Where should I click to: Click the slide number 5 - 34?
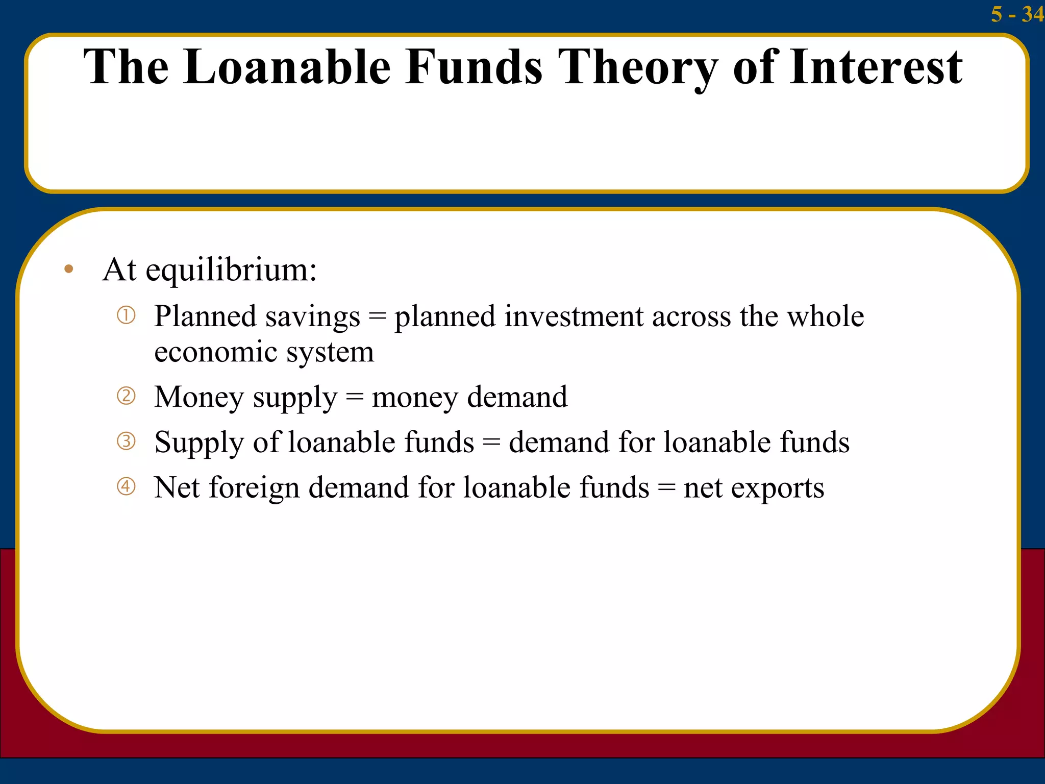click(1016, 14)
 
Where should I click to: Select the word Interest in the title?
click(876, 67)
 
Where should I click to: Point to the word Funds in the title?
click(474, 67)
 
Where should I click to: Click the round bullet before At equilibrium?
click(69, 269)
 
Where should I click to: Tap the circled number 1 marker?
click(126, 315)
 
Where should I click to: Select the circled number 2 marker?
click(126, 396)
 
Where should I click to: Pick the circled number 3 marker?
click(126, 441)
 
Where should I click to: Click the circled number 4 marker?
click(126, 486)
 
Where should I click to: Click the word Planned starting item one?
click(205, 316)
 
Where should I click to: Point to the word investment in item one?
click(574, 316)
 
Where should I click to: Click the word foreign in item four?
click(254, 488)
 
